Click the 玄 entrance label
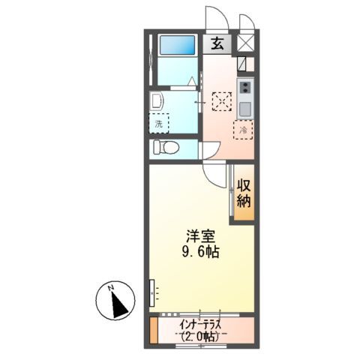(x=217, y=43)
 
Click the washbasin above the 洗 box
(x=158, y=101)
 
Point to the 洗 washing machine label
(x=159, y=122)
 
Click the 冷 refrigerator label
(x=244, y=130)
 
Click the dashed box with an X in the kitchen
(x=221, y=100)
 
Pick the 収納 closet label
(x=243, y=193)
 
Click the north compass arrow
(x=117, y=304)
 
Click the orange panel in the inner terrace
(x=154, y=330)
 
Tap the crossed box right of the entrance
(x=245, y=43)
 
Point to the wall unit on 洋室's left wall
(x=153, y=289)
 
